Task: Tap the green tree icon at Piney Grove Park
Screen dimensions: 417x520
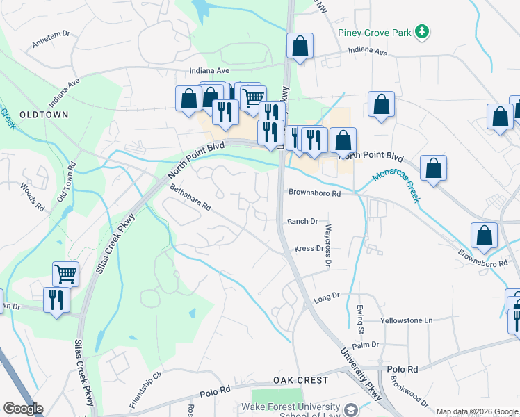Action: coord(421,31)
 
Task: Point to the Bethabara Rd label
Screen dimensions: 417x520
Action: coord(190,197)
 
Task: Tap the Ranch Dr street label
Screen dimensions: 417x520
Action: coord(302,221)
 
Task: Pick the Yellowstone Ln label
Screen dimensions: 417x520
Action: coord(407,320)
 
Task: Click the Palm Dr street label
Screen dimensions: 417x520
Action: coord(365,344)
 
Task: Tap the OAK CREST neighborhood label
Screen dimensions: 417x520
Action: coord(300,380)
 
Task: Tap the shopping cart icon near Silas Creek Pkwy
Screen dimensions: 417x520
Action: coord(65,273)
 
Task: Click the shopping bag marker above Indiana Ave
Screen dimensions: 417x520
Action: coord(300,47)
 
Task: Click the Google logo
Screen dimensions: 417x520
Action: coord(23,409)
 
